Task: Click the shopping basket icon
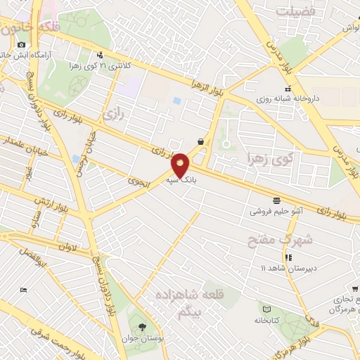[201, 141]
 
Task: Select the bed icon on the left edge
[23, 290]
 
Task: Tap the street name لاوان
[66, 247]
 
